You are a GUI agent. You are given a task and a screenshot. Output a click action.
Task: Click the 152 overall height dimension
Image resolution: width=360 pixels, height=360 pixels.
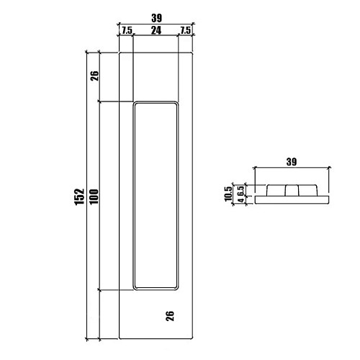(80, 197)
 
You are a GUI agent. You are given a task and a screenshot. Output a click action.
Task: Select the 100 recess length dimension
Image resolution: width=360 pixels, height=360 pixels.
(94, 197)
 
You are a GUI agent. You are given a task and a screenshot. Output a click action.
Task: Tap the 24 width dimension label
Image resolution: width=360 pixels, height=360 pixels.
(156, 30)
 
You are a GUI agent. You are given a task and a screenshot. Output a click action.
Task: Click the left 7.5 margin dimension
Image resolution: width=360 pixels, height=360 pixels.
(127, 31)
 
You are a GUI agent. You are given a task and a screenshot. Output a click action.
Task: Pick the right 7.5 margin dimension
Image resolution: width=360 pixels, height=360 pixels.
(185, 30)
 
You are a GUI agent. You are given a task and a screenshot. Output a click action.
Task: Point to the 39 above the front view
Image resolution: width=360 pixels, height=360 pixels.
(156, 18)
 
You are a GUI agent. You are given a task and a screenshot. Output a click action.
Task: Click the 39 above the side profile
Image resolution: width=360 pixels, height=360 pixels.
(292, 162)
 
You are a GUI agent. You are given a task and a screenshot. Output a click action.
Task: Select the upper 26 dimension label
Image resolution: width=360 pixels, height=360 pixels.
(94, 76)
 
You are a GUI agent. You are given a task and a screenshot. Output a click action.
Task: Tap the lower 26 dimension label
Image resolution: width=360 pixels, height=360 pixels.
(170, 316)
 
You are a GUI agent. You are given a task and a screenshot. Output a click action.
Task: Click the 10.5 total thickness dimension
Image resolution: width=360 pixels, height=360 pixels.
(228, 194)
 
